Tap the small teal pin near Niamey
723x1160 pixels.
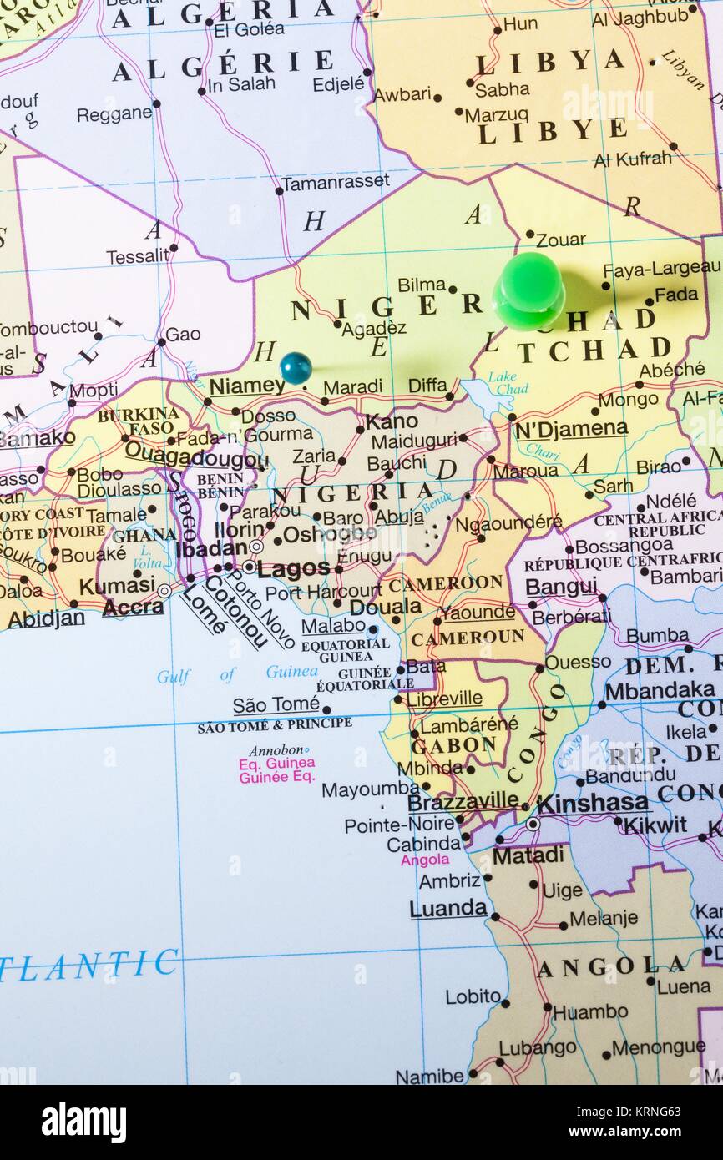tap(296, 367)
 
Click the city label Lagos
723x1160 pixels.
tap(293, 570)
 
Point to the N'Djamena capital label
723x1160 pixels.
tap(570, 429)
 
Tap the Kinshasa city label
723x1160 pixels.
tap(593, 804)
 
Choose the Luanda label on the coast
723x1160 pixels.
tap(447, 908)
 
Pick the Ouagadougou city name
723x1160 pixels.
tap(196, 459)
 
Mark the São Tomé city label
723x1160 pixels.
tap(276, 705)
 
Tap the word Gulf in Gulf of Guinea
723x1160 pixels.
tap(174, 676)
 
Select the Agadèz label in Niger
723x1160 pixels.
tap(373, 328)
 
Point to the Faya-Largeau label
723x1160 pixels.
tap(661, 269)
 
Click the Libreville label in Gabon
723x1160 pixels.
tap(444, 698)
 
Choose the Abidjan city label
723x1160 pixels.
tap(46, 618)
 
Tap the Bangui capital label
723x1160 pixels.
tap(561, 587)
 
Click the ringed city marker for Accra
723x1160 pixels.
tap(165, 591)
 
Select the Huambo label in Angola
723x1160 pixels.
tap(590, 1011)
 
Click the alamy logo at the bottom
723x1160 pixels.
tap(83, 1122)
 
